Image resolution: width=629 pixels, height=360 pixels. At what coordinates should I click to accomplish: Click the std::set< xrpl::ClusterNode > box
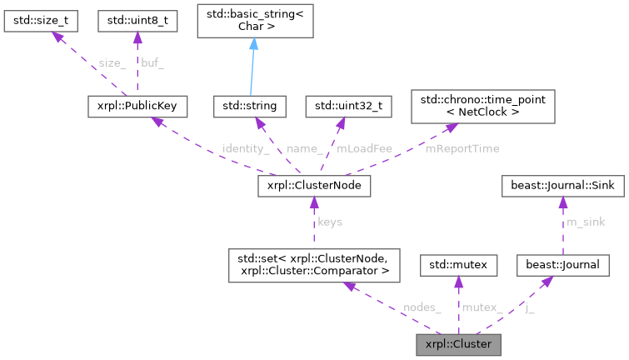[x=316, y=265]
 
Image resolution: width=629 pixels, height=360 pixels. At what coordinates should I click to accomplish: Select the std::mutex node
[x=457, y=265]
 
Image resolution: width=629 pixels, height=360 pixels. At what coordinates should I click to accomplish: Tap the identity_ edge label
[x=245, y=148]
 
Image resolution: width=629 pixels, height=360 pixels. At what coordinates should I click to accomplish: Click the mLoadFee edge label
[x=364, y=148]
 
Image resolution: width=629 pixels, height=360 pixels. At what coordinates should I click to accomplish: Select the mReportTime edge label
[x=462, y=148]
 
